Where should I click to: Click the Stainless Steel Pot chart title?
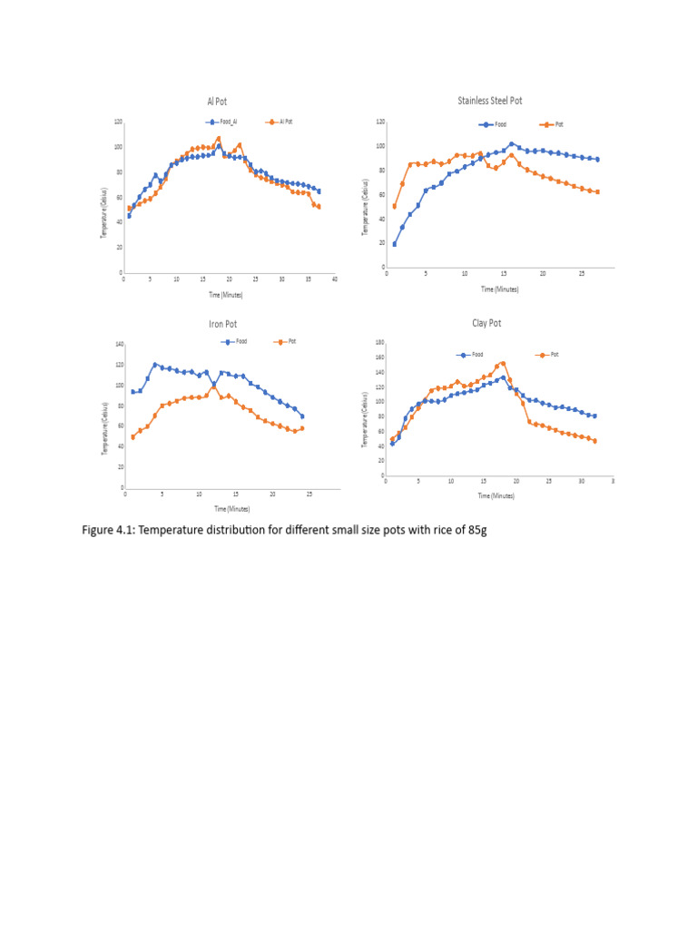[x=490, y=101]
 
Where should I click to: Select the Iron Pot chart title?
[x=222, y=323]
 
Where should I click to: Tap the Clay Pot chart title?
[x=486, y=322]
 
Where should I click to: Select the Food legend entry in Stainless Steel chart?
[x=499, y=123]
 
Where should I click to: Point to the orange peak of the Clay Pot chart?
[x=503, y=363]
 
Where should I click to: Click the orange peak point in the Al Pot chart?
[x=219, y=139]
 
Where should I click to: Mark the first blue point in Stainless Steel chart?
[x=395, y=244]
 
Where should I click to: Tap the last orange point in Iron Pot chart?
[x=302, y=428]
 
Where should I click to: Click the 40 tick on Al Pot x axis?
[x=334, y=279]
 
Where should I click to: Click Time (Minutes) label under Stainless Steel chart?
[x=500, y=288]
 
